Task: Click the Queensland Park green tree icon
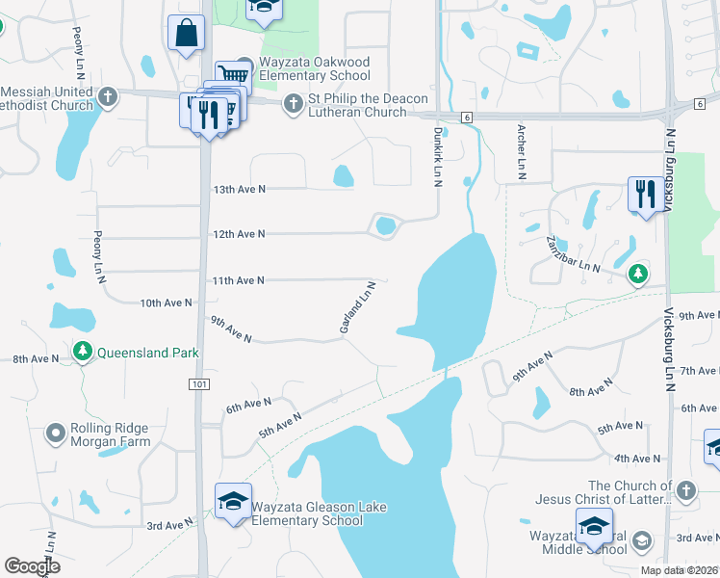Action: tap(84, 354)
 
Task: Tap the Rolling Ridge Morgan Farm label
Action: tap(112, 435)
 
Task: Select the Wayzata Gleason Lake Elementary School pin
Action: tap(233, 502)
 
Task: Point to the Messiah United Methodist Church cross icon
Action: tap(108, 96)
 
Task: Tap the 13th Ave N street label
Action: tap(238, 190)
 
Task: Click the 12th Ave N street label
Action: tap(238, 234)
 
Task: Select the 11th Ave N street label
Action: tap(238, 280)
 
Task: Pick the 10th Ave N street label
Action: tap(166, 302)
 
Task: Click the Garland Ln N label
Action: tap(356, 307)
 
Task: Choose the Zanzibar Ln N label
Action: tap(573, 254)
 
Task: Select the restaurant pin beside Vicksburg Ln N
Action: tap(643, 194)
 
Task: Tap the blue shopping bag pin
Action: tap(185, 31)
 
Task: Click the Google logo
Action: tap(32, 566)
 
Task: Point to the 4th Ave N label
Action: tap(637, 459)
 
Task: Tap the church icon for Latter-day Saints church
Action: tap(684, 491)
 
